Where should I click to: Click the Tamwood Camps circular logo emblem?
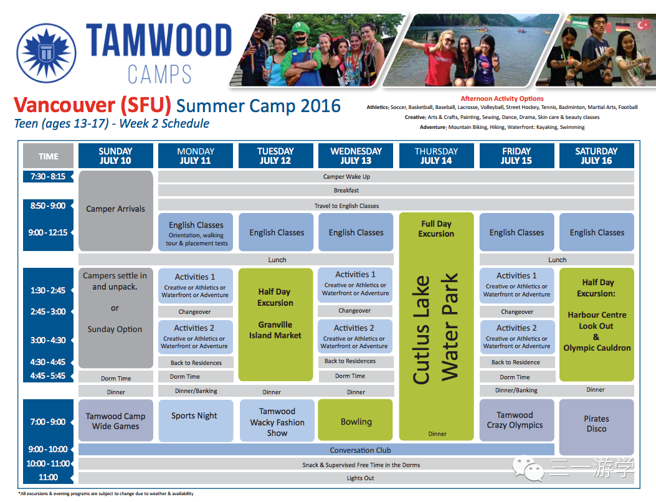click(x=46, y=53)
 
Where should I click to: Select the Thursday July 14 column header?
click(x=436, y=156)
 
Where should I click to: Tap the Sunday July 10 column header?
click(x=115, y=156)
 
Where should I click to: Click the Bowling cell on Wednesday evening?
click(x=356, y=420)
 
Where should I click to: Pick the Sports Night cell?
click(x=196, y=420)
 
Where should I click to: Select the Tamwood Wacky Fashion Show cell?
click(x=277, y=420)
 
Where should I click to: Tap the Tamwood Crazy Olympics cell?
click(x=516, y=420)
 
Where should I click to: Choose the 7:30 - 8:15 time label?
click(x=48, y=176)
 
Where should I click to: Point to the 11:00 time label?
click(x=48, y=477)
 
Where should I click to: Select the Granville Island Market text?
click(x=275, y=330)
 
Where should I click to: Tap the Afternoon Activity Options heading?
click(x=502, y=99)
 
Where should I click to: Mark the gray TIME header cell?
click(x=48, y=156)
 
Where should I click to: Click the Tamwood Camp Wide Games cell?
click(x=115, y=420)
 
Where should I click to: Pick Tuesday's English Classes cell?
click(x=276, y=232)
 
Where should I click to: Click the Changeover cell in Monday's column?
click(x=196, y=311)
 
